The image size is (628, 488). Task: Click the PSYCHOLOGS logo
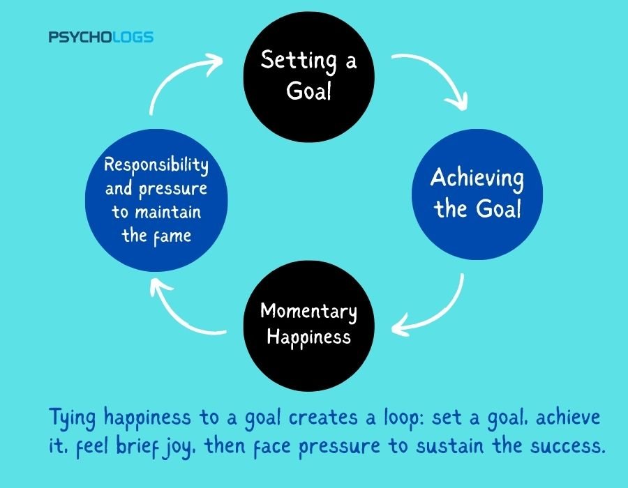click(x=101, y=37)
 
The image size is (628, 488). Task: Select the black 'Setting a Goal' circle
click(x=309, y=77)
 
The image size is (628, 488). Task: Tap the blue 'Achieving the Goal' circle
click(x=477, y=195)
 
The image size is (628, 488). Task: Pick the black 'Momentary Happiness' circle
click(x=309, y=326)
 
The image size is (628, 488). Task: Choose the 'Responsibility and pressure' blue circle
click(x=156, y=200)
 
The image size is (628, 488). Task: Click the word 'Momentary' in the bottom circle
click(x=308, y=312)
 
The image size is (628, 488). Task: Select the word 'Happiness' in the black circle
click(x=309, y=337)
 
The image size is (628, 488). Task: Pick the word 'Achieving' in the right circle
click(x=477, y=178)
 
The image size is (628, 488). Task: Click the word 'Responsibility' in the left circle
click(x=156, y=165)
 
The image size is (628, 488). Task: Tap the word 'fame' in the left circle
click(x=172, y=236)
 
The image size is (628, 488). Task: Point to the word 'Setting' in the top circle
click(x=299, y=61)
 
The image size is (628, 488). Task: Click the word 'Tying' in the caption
click(x=73, y=418)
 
